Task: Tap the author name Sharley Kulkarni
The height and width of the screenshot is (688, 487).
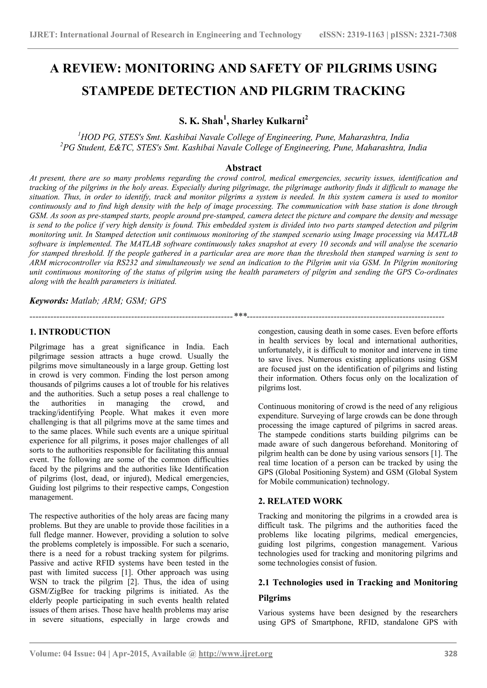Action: click(268, 121)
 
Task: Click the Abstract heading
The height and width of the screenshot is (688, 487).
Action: click(243, 167)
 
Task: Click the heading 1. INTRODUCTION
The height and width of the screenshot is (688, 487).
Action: click(70, 332)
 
